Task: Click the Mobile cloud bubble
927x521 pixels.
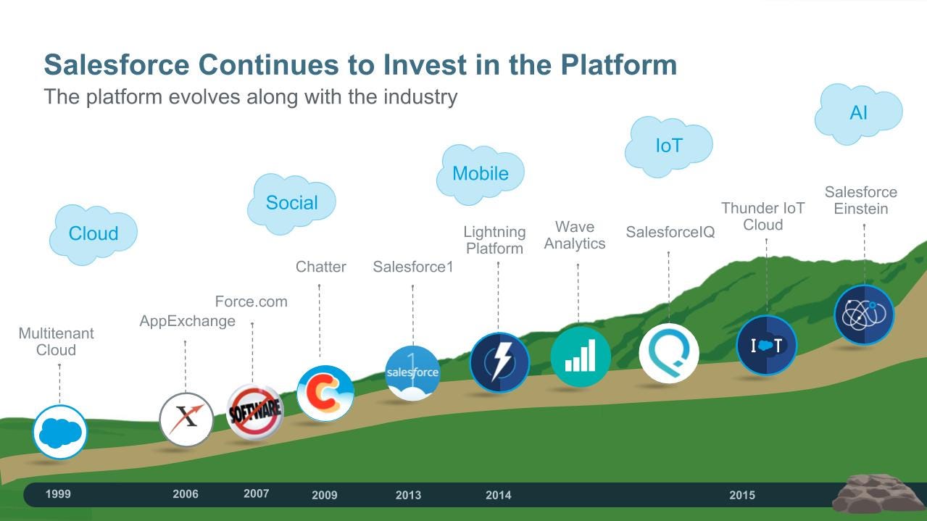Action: tap(481, 174)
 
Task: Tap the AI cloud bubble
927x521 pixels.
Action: tap(859, 113)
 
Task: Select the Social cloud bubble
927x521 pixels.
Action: tap(292, 204)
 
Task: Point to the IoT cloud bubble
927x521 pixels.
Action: tap(669, 146)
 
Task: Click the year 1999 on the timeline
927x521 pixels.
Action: tap(58, 493)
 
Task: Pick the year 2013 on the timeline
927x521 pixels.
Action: tap(408, 495)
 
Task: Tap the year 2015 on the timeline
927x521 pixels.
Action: tap(742, 495)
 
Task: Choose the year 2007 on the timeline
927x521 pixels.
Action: tap(256, 493)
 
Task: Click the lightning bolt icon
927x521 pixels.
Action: tap(499, 362)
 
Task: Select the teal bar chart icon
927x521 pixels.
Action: tap(581, 357)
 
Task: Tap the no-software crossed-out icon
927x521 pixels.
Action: tap(255, 412)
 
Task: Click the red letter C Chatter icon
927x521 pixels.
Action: tap(325, 393)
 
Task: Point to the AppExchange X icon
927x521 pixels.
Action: tap(186, 420)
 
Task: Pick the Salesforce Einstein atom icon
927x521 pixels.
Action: tap(864, 314)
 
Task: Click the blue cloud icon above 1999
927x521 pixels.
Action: tap(60, 432)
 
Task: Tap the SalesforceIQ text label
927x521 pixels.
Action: tap(670, 232)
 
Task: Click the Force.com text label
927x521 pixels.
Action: tap(252, 301)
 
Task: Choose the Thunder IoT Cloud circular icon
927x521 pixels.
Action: tap(766, 345)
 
